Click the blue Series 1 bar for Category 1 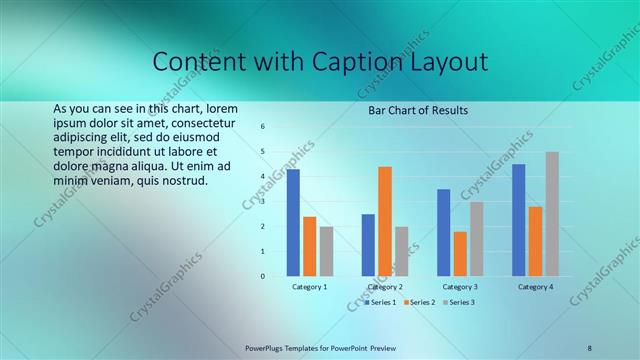pos(293,223)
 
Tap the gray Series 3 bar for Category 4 pos(552,214)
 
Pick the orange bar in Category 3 pos(460,254)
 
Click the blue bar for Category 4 pos(518,220)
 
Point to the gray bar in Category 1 pos(326,251)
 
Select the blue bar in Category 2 pos(368,245)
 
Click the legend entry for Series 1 pos(381,301)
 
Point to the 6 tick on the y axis pos(262,127)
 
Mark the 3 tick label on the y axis pos(262,202)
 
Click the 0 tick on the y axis pos(262,276)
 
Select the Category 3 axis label pos(460,287)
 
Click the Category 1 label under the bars pos(309,287)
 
